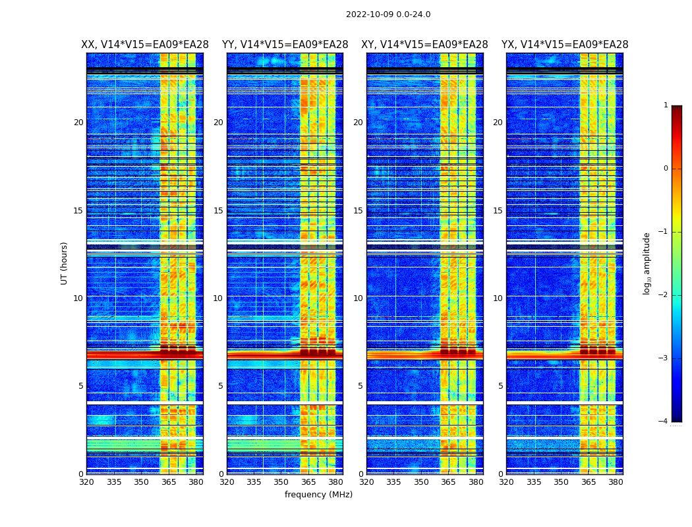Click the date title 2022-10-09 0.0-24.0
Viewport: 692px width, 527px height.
coord(388,14)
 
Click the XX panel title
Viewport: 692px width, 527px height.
coord(145,45)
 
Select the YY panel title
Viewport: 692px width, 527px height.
coord(285,45)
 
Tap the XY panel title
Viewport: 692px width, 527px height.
coord(424,45)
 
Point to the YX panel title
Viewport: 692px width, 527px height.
coord(565,45)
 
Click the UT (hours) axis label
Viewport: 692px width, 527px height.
coord(65,263)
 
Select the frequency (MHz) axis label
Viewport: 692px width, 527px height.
coord(318,495)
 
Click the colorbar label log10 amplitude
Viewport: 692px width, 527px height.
coord(647,263)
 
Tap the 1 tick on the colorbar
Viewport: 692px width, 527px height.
coord(666,105)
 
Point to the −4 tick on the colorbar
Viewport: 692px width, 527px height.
coord(663,422)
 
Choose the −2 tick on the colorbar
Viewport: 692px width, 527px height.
coord(663,295)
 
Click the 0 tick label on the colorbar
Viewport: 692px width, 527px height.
coord(666,169)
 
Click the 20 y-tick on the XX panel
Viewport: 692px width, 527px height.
coord(78,123)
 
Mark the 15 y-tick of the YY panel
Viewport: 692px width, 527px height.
coord(218,211)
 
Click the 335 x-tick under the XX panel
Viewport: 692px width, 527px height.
coord(114,482)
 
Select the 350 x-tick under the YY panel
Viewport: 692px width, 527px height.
coord(281,482)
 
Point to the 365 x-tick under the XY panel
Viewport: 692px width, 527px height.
coord(449,482)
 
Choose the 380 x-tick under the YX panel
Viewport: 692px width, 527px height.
coord(616,482)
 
